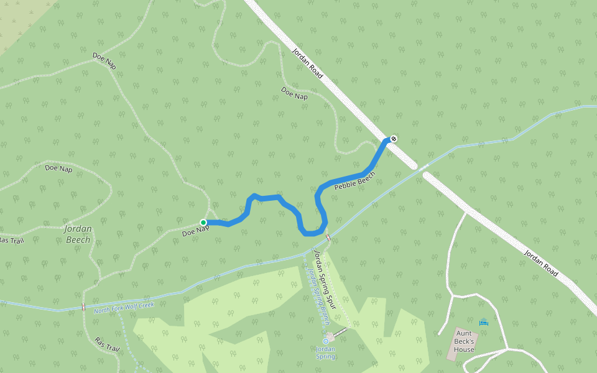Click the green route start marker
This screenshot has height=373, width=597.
pos(203,223)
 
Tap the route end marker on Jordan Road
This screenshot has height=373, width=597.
pos(393,138)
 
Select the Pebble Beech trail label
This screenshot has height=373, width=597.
pos(354,180)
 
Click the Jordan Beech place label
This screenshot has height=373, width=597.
pos(78,234)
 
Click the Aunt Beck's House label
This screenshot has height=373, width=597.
pos(464,345)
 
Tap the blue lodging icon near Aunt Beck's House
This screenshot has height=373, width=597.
pos(484,321)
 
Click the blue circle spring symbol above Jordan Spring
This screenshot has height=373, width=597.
pos(325,341)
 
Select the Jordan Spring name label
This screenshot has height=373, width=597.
pos(325,352)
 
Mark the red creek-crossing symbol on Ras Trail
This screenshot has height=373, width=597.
pos(83,307)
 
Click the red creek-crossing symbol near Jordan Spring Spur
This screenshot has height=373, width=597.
pos(328,237)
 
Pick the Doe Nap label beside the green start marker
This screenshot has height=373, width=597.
pos(195,231)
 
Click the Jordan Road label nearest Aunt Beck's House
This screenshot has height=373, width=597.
pos(540,264)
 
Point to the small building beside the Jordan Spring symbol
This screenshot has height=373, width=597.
pos(330,337)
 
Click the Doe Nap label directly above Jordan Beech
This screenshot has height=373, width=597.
pos(59,168)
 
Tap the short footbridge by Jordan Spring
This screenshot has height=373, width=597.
pos(340,333)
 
